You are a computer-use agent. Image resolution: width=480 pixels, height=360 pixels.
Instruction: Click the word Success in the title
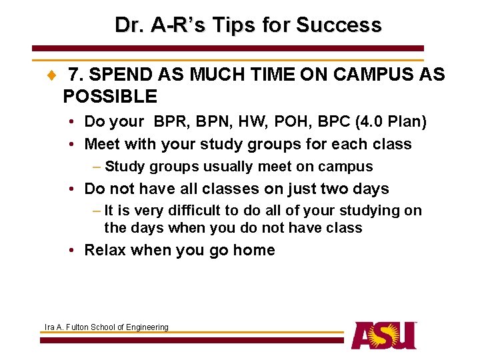(339, 25)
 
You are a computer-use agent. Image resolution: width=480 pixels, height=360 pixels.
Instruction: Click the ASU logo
(384, 335)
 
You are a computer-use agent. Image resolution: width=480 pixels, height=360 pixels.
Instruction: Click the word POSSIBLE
(110, 97)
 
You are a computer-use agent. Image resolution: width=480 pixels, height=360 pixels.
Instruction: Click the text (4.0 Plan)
(391, 122)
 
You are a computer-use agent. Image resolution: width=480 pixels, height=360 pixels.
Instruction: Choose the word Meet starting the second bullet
(102, 144)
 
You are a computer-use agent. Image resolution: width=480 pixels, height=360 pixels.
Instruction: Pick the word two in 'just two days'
(333, 189)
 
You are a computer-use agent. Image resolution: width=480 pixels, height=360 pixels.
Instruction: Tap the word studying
(371, 211)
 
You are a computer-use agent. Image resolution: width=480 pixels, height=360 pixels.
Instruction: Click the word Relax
(105, 250)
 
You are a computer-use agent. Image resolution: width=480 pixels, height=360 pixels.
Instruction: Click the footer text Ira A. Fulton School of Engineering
(106, 327)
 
